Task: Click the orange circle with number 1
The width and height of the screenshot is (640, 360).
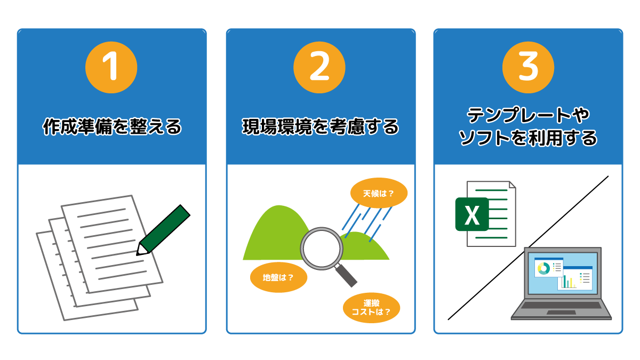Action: tap(111, 67)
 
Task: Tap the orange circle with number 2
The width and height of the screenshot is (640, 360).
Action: tap(319, 67)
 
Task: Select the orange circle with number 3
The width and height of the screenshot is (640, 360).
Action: tap(528, 67)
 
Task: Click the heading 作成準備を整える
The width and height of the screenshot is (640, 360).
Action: tap(112, 126)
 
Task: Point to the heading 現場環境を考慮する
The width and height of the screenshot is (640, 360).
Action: tap(321, 126)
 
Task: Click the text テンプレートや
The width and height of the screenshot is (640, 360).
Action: tap(528, 115)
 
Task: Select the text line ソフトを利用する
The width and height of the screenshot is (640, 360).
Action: tap(528, 138)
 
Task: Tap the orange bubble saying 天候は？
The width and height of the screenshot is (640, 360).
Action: tap(379, 193)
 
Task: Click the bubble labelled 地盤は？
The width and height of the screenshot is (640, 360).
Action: tap(278, 277)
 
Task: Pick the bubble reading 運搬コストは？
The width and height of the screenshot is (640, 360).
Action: tap(371, 308)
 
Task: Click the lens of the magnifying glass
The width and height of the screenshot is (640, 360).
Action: tap(322, 249)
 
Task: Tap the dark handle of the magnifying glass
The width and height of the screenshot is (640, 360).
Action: tap(346, 275)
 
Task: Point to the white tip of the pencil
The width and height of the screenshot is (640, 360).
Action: tap(142, 250)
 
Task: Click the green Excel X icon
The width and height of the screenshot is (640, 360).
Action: tap(471, 214)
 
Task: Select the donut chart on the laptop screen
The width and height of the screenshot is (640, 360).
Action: tap(543, 269)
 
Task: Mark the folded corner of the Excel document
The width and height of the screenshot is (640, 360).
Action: tap(513, 185)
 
